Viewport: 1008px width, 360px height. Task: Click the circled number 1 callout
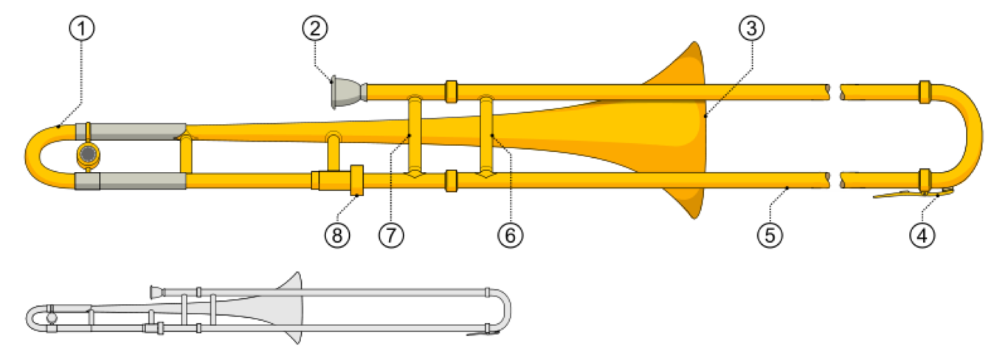coord(81,28)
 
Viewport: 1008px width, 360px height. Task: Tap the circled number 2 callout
coord(315,28)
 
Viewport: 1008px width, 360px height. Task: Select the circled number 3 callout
coord(751,28)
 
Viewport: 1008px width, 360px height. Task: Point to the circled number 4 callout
coord(922,235)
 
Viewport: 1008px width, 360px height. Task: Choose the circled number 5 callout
coord(770,235)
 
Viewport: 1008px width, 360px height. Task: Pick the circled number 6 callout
coord(511,235)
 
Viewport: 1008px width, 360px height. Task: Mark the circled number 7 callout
coord(391,235)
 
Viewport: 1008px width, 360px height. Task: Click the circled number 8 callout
coord(337,235)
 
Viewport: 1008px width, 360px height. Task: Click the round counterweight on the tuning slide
coord(89,154)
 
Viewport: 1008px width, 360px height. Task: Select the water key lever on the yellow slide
coord(914,194)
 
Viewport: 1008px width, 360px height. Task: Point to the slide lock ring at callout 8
coord(357,181)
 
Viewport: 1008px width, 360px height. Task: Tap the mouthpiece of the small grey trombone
coord(157,292)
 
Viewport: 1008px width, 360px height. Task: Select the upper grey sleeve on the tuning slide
coord(131,131)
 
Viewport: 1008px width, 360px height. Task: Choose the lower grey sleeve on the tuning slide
coord(131,181)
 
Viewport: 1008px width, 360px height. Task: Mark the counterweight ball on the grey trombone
coord(52,318)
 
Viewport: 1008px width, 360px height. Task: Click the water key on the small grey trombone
coord(483,333)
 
